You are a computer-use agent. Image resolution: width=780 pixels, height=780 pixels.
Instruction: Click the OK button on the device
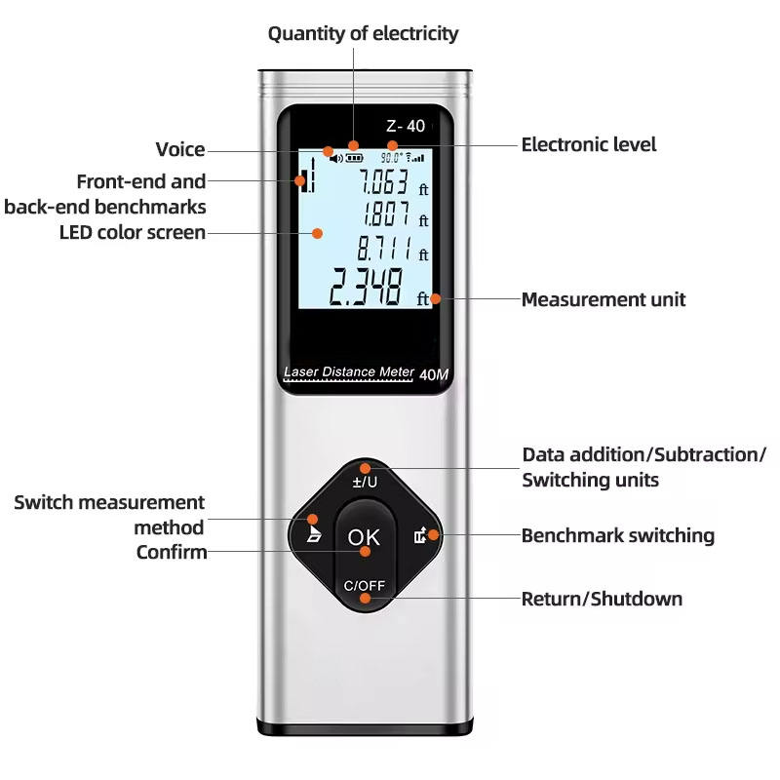[364, 536]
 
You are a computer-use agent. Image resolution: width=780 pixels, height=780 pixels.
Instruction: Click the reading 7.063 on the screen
[382, 181]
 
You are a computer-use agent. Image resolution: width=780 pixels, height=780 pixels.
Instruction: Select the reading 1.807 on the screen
[386, 214]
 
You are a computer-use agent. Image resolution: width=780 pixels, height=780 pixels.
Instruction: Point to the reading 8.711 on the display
[383, 247]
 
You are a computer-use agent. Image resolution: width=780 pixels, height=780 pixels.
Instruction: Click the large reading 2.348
[365, 288]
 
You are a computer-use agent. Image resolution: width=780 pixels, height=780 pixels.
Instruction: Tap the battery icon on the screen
[354, 156]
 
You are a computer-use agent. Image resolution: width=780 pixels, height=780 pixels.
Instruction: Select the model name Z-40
[406, 126]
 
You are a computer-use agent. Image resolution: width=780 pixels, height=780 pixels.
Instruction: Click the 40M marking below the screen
[433, 373]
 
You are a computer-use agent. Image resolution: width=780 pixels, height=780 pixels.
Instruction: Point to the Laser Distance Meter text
[347, 371]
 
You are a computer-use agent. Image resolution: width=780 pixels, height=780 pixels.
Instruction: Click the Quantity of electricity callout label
[363, 33]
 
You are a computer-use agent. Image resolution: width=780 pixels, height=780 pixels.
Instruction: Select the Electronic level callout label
[589, 144]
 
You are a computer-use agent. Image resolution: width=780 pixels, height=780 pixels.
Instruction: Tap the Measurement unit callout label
[603, 299]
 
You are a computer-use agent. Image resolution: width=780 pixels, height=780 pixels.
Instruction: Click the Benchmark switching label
[617, 535]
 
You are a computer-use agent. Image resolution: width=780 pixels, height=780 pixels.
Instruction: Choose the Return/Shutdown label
[602, 599]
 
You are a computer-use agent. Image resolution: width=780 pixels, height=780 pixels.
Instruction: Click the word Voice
[180, 149]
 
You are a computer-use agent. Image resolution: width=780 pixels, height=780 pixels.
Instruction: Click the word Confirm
[172, 553]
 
